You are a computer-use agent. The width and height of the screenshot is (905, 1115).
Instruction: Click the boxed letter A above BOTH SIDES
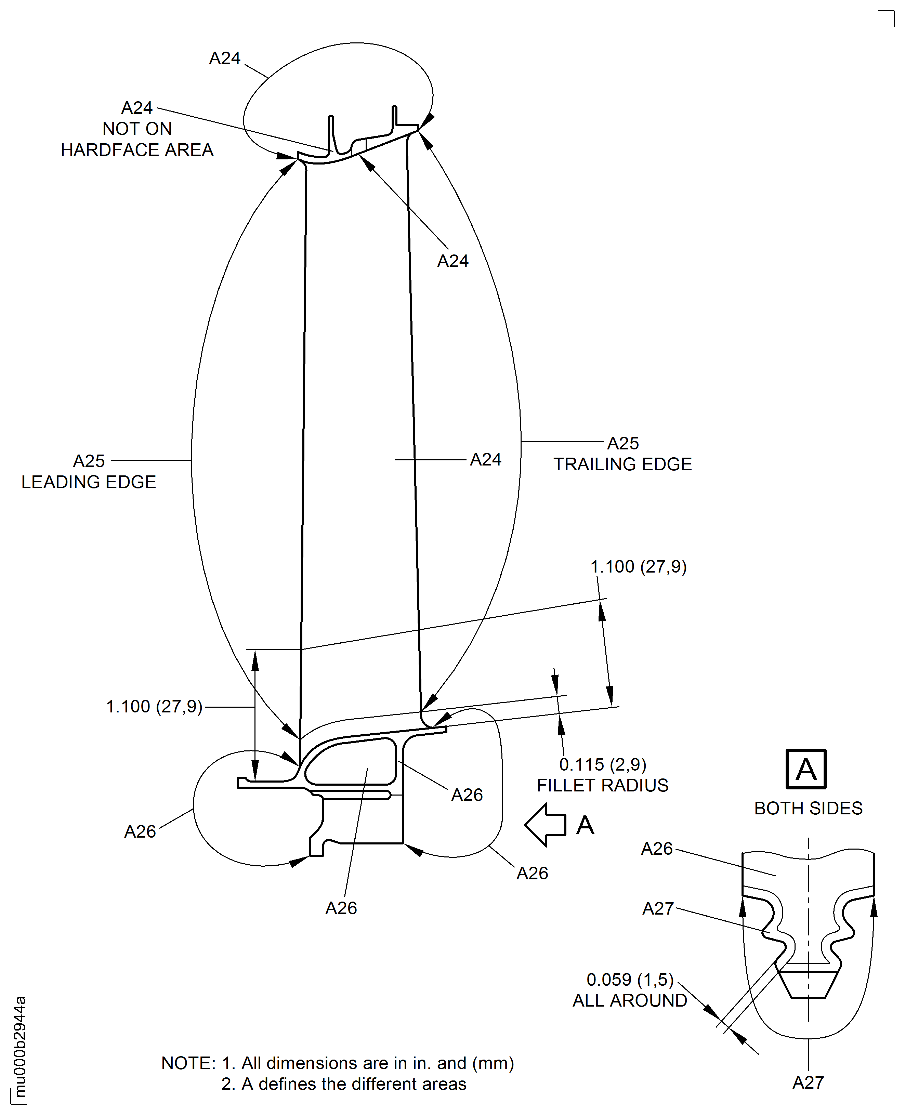pos(805,770)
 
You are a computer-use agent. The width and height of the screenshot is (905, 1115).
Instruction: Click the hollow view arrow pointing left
pos(545,825)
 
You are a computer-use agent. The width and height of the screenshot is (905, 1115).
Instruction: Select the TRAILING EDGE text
pos(622,464)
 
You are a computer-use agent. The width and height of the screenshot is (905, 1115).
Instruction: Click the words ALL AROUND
pos(629,1000)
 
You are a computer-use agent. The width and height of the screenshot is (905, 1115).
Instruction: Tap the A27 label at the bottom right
pos(808,1083)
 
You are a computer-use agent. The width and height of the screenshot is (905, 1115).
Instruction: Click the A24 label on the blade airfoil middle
pos(485,459)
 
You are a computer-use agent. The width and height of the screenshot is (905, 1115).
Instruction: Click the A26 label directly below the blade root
pos(341,908)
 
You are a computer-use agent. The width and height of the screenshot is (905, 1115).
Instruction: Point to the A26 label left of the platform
pos(140,831)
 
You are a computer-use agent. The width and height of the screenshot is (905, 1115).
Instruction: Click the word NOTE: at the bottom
pos(188,1063)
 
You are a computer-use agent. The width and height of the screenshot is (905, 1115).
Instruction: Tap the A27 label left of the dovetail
pos(658,908)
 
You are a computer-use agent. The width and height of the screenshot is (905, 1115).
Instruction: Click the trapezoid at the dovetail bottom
pos(808,984)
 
